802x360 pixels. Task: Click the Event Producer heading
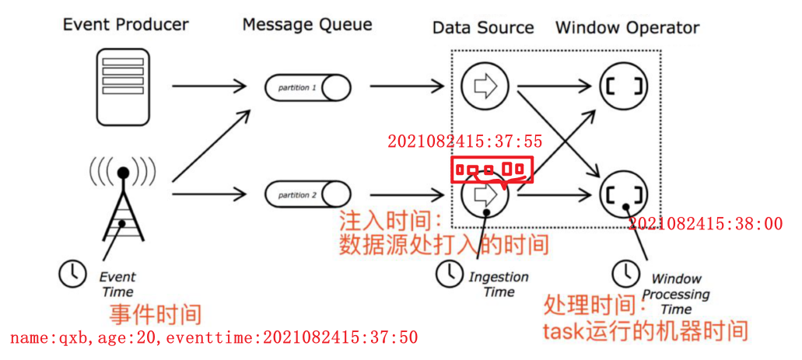click(125, 24)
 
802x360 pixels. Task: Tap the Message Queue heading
click(306, 24)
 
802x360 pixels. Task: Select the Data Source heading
click(483, 27)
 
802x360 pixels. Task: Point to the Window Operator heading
click(627, 27)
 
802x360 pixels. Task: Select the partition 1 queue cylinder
click(307, 87)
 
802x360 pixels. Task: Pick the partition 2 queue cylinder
click(307, 194)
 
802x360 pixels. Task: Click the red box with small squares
click(492, 170)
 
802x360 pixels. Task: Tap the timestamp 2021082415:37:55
click(464, 142)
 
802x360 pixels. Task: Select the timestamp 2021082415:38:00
click(705, 224)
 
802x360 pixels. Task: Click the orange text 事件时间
click(155, 315)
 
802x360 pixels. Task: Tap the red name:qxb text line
click(214, 337)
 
